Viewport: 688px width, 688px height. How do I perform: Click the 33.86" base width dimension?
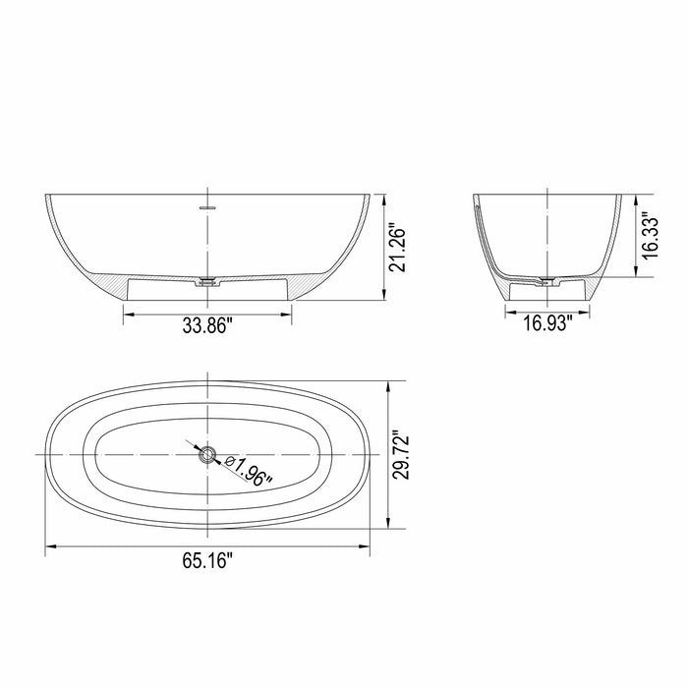pyautogui.click(x=206, y=327)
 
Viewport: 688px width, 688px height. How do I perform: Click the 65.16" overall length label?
pyautogui.click(x=206, y=561)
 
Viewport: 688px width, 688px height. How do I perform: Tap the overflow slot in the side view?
pyautogui.click(x=207, y=208)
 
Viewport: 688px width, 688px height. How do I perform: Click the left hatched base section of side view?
pyautogui.click(x=115, y=286)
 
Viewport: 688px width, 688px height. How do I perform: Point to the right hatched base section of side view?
pyautogui.click(x=301, y=286)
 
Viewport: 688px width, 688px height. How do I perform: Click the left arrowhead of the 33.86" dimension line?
pyautogui.click(x=126, y=312)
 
